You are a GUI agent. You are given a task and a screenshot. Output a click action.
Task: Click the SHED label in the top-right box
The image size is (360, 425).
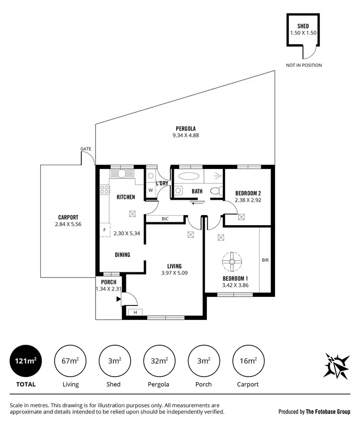pyautogui.click(x=303, y=26)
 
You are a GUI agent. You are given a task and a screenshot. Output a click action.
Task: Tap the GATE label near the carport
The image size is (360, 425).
pyautogui.click(x=86, y=149)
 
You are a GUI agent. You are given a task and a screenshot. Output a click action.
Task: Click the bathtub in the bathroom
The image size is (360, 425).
pyautogui.click(x=188, y=176)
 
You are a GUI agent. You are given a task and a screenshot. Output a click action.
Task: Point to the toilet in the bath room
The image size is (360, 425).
pyautogui.click(x=215, y=191)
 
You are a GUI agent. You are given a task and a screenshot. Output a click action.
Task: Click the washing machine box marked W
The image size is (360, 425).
pyautogui.click(x=151, y=190)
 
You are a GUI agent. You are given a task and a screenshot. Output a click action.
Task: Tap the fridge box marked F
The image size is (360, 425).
pyautogui.click(x=104, y=230)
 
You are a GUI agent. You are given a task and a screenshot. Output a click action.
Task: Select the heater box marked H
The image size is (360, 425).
pyautogui.click(x=135, y=312)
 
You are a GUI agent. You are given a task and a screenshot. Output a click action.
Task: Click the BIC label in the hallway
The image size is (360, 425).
pyautogui.click(x=165, y=219)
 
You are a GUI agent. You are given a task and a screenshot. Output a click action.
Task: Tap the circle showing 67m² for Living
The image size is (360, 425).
pyautogui.click(x=71, y=361)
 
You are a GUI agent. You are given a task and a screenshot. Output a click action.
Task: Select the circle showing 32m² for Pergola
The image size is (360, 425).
pyautogui.click(x=159, y=361)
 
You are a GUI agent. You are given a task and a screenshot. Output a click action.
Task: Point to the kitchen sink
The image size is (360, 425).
pyautogui.click(x=121, y=174)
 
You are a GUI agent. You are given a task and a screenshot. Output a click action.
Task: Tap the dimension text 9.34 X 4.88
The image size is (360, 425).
pyautogui.click(x=186, y=135)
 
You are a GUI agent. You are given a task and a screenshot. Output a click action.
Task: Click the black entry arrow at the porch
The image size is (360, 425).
pyautogui.click(x=118, y=300)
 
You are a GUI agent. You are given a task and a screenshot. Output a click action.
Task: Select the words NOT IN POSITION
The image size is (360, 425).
pyautogui.click(x=304, y=65)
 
